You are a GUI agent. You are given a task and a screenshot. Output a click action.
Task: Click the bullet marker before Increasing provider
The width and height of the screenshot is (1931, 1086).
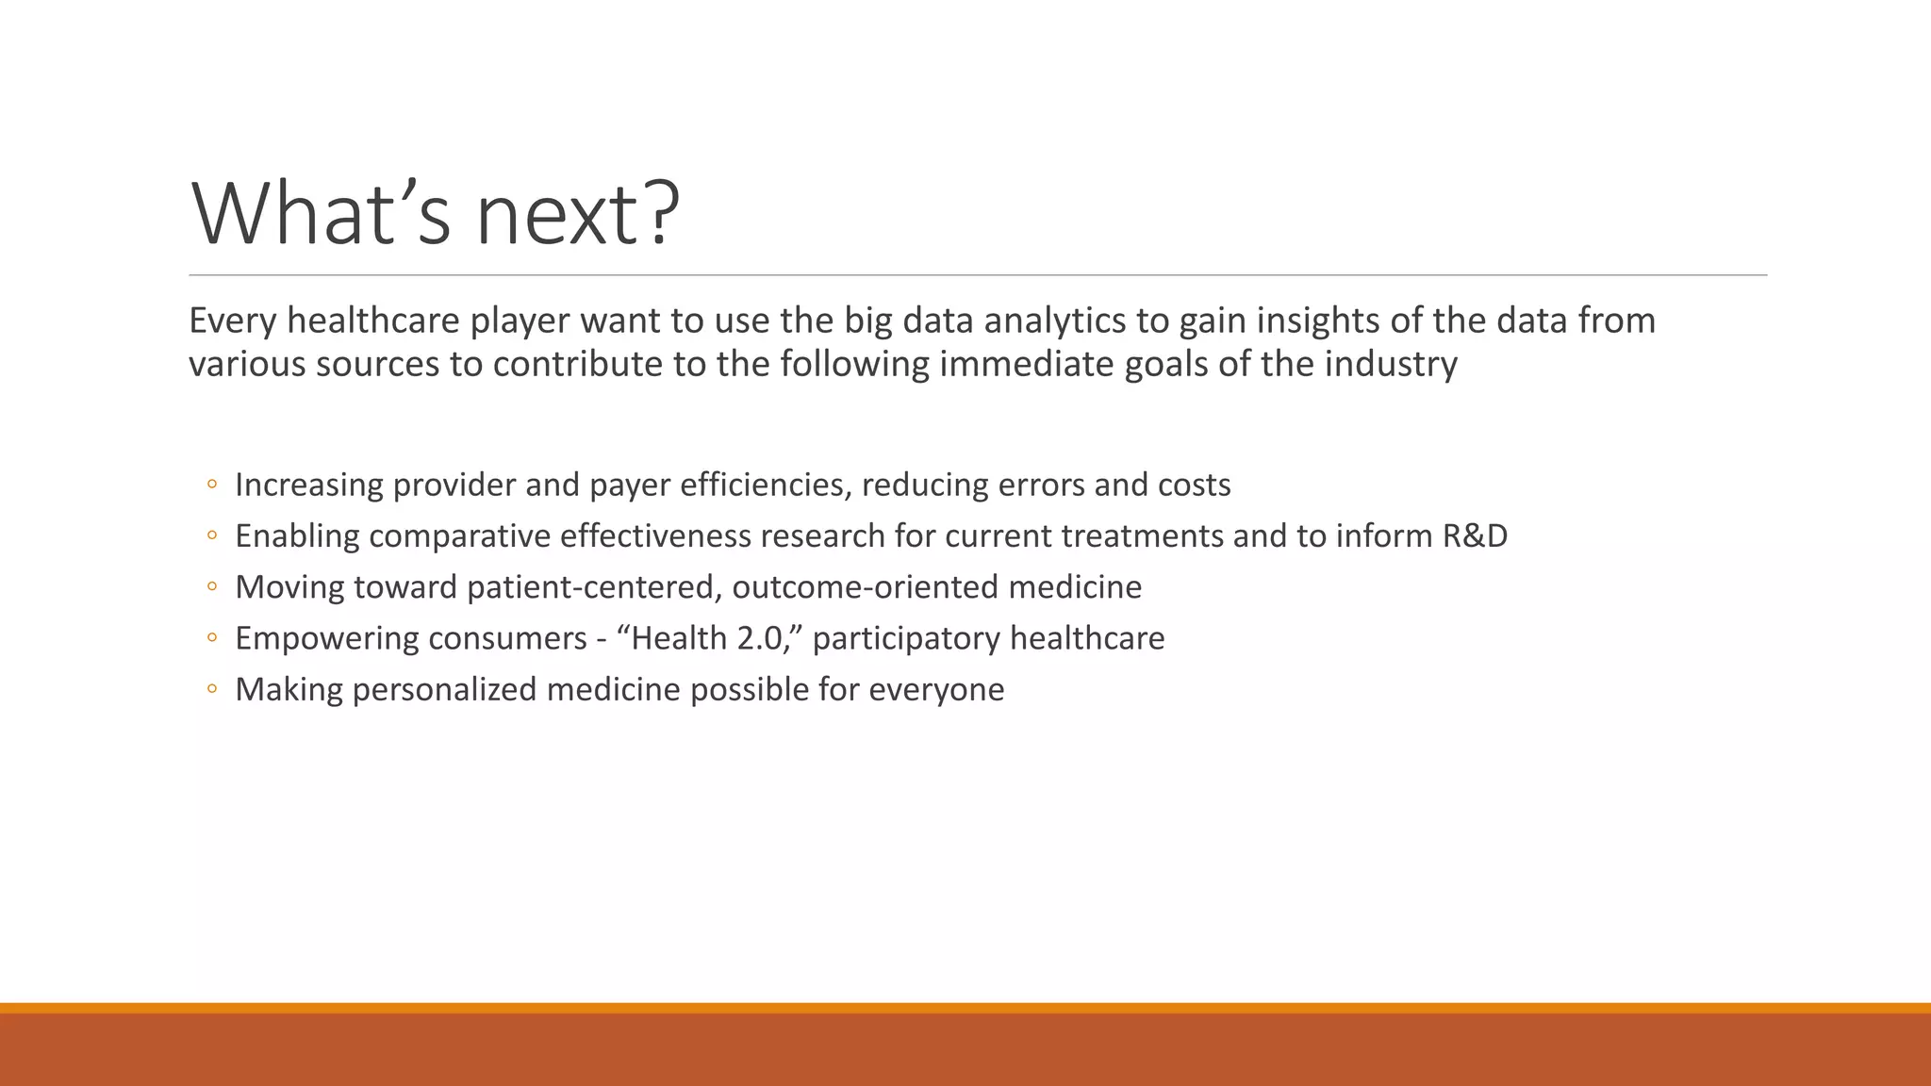pos(212,485)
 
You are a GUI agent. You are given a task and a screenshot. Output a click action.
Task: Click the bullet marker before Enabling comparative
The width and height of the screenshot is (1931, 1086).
pos(212,535)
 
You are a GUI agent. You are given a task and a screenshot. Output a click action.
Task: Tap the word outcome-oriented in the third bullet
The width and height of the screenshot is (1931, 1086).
pos(865,587)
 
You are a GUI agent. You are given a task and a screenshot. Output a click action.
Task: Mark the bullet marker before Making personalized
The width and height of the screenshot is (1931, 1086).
pos(212,689)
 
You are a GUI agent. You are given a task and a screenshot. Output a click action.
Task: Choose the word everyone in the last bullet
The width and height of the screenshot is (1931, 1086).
pos(935,689)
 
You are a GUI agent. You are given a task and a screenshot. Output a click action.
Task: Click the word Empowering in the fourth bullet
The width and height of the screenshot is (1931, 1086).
pos(317,638)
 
